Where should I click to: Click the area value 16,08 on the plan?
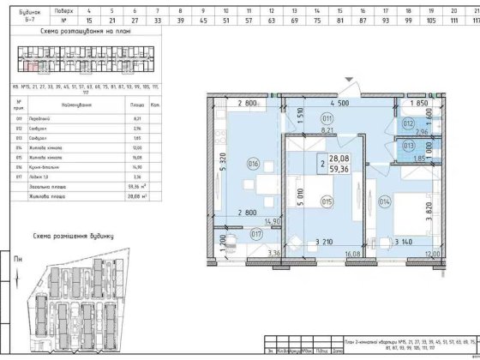click(x=352, y=255)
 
